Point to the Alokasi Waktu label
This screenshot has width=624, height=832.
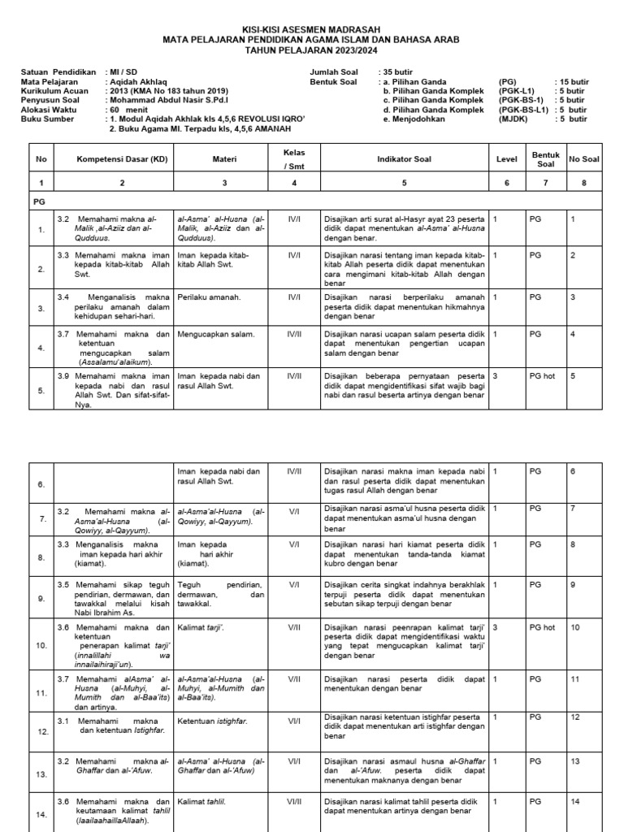(48, 110)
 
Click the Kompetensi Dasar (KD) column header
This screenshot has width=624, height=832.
(122, 159)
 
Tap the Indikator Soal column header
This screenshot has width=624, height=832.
(404, 159)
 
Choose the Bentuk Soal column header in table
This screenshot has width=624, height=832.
(545, 159)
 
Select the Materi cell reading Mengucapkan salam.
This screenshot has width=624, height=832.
(215, 334)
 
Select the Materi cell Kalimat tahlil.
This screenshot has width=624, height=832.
(201, 801)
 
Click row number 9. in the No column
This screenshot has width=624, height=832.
(41, 599)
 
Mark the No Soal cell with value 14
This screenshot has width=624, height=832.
(575, 801)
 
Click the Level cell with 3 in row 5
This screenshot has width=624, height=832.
(496, 376)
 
